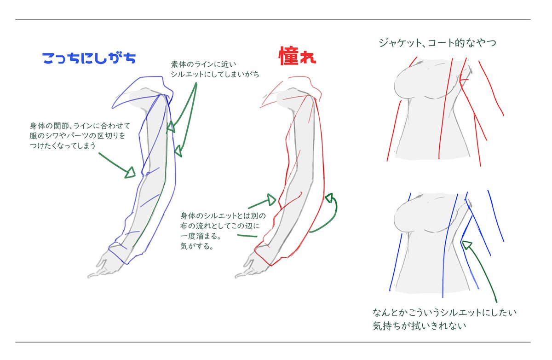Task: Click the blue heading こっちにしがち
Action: coord(88,58)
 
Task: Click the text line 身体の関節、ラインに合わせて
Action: coord(81,126)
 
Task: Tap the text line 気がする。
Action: coord(196,246)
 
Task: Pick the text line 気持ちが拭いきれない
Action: coord(420,326)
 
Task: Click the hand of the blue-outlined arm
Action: coord(102,265)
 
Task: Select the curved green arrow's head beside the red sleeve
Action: coord(328,198)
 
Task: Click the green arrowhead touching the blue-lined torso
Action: coord(466,244)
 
